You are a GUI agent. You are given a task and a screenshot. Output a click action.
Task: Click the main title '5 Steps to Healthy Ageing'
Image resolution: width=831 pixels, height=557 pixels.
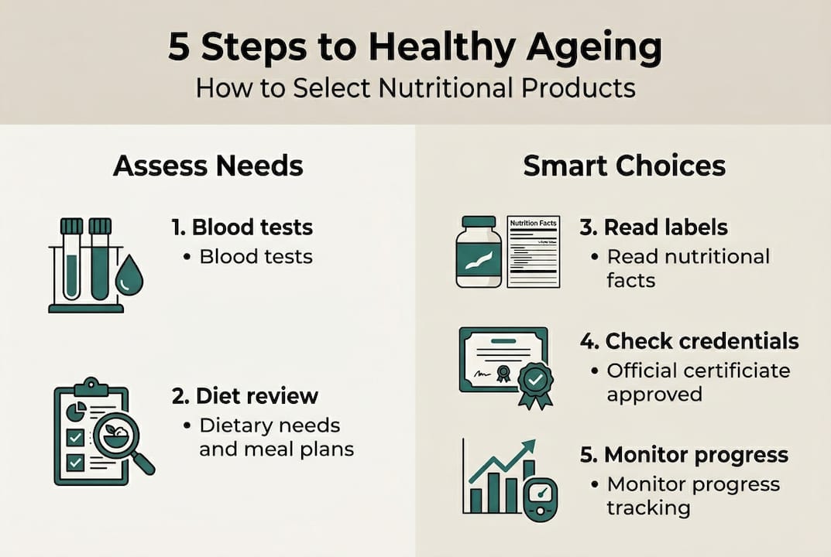415,48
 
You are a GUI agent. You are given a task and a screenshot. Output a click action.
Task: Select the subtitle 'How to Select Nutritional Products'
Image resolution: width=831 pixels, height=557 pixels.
415,87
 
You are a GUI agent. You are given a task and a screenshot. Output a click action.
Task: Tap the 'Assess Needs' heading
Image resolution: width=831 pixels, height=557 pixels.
208,166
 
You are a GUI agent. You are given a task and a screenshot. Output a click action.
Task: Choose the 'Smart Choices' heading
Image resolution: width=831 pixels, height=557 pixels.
624,166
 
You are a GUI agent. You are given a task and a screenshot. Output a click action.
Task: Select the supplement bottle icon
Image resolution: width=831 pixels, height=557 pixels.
479,252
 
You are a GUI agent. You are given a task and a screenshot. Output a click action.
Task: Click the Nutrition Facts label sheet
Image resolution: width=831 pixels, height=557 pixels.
534,252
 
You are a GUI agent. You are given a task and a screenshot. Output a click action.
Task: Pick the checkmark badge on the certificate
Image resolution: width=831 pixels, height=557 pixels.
535,381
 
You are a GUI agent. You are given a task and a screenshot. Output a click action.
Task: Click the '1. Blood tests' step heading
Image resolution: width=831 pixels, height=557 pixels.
242,227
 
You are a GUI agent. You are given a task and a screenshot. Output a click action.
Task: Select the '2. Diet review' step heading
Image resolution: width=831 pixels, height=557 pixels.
245,396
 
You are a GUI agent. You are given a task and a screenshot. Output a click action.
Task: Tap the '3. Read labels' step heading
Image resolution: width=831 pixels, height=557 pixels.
654,227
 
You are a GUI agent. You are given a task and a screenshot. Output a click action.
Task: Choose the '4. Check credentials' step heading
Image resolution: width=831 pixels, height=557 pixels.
689,341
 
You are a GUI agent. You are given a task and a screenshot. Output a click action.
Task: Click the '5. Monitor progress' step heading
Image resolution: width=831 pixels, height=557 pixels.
685,454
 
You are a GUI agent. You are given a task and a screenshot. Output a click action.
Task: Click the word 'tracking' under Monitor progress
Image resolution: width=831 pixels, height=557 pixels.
637,507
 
